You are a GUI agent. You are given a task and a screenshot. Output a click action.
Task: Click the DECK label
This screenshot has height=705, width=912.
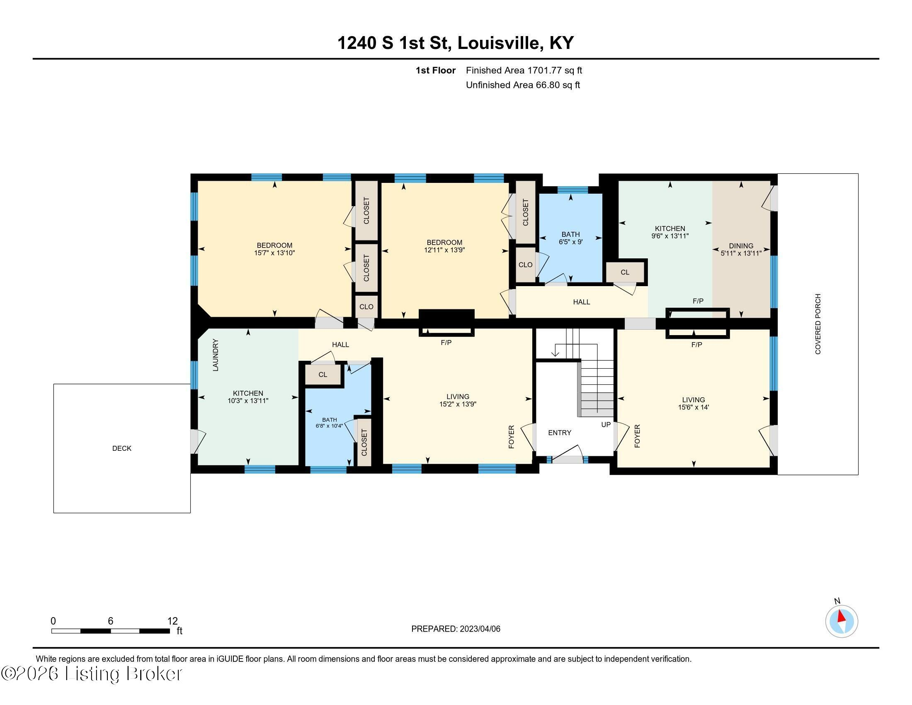pos(122,448)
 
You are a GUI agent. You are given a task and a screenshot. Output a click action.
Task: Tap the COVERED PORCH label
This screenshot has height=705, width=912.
pos(817,324)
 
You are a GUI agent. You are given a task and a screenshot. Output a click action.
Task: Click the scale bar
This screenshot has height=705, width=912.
pos(111,631)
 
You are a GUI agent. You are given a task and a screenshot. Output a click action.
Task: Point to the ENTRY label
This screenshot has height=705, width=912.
pos(560,433)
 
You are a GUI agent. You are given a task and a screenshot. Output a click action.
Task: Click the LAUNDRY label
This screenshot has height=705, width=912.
pos(216,355)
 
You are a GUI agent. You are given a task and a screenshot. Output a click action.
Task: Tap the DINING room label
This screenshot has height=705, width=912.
pos(741,246)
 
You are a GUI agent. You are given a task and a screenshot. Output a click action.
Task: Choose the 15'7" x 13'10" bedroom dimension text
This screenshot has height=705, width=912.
pos(274,253)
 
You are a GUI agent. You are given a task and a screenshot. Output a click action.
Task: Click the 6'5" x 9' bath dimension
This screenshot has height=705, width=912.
pos(570,241)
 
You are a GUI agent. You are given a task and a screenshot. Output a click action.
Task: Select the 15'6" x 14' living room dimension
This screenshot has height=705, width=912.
pos(693,407)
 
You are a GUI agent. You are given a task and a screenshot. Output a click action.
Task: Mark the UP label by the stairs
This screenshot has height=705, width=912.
pos(606,424)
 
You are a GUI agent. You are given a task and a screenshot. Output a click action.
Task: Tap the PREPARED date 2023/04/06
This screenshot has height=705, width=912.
pos(479,629)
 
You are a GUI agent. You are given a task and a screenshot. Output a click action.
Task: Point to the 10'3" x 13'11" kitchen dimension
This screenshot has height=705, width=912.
pos(248,401)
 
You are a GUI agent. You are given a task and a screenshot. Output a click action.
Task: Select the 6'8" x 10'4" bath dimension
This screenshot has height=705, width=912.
pos(329,426)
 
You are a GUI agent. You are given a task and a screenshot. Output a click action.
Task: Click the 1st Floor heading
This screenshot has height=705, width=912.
pos(436,70)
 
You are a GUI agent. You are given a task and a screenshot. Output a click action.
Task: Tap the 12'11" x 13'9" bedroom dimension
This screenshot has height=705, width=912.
pos(444,250)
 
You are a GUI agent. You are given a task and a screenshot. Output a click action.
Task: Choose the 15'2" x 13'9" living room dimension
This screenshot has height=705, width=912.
pos(458,404)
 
